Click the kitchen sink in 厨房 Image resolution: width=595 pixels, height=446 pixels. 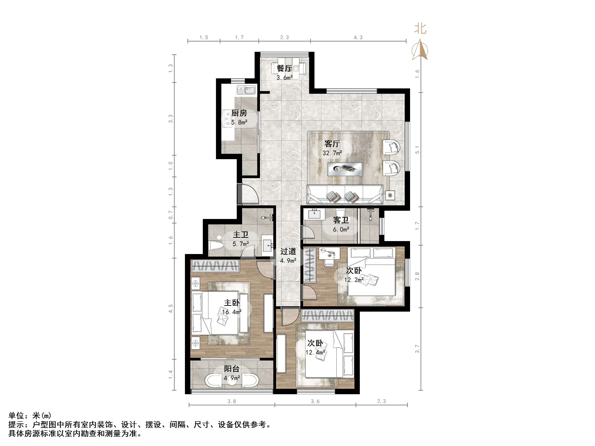click(x=246, y=90)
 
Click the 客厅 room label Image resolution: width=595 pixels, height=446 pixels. click(x=332, y=144)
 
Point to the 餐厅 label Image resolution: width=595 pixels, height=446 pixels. click(x=284, y=68)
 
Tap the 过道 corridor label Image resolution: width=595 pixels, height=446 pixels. click(x=288, y=251)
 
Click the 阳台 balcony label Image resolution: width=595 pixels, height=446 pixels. click(x=232, y=369)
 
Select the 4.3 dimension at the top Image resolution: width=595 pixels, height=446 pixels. click(x=358, y=37)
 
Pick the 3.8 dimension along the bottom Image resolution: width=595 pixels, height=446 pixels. click(x=232, y=401)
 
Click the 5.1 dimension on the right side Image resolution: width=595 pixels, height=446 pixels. click(x=417, y=150)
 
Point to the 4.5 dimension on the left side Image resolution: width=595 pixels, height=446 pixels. click(x=171, y=308)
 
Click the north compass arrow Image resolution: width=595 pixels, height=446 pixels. click(x=420, y=50)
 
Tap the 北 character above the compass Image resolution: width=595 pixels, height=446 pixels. click(x=420, y=29)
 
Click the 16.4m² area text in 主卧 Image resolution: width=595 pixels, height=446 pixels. click(x=232, y=312)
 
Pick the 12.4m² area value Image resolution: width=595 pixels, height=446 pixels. click(x=315, y=352)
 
